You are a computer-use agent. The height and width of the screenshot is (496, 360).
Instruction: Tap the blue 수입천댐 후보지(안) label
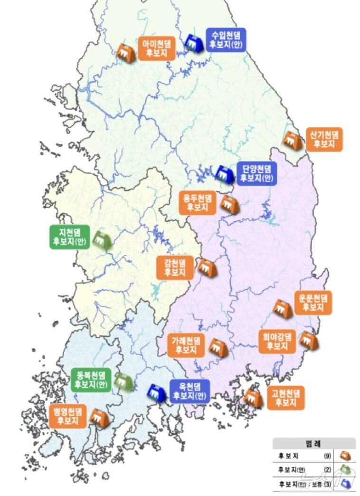(x=226, y=40)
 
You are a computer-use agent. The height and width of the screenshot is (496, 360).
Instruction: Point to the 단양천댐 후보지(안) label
(x=256, y=173)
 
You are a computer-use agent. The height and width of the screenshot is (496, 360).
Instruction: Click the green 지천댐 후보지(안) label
(x=68, y=237)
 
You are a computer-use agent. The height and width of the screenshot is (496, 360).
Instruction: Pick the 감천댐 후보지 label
(x=175, y=267)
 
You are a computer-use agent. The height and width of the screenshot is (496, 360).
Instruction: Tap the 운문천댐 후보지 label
(x=313, y=303)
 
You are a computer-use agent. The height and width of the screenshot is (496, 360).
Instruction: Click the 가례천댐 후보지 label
(x=186, y=345)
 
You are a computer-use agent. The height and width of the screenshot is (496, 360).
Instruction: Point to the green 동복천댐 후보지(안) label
(x=91, y=380)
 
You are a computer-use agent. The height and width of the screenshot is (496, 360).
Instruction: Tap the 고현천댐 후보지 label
(x=285, y=398)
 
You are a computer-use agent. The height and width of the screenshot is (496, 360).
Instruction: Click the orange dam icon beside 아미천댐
(x=126, y=53)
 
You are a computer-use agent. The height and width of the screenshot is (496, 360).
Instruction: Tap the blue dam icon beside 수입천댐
(x=194, y=43)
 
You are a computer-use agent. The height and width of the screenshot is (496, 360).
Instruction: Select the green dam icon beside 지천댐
(x=101, y=240)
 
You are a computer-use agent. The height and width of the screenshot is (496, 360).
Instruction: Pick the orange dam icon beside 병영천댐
(x=100, y=418)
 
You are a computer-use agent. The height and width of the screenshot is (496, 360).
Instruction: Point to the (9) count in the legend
(x=327, y=456)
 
